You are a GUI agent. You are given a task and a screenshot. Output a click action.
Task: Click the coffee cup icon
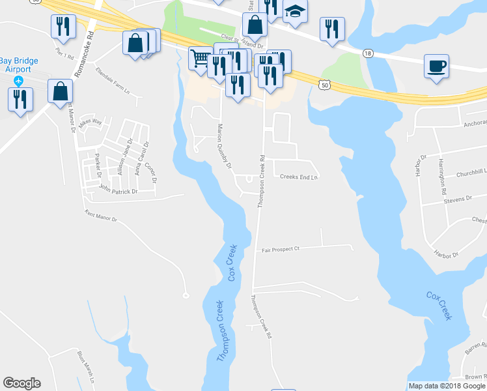click(436, 66)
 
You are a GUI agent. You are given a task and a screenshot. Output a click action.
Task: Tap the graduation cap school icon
click(296, 12)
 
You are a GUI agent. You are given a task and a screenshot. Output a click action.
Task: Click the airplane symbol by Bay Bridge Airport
click(18, 81)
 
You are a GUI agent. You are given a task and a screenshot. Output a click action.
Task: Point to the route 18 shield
click(369, 54)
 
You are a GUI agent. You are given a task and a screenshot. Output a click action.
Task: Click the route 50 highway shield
click(326, 84)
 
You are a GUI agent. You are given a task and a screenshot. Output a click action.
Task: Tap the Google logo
click(21, 383)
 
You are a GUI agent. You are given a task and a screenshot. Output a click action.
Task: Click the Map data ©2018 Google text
click(447, 386)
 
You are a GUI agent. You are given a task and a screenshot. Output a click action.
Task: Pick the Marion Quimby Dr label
click(225, 146)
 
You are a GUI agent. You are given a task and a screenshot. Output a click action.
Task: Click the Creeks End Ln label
click(299, 177)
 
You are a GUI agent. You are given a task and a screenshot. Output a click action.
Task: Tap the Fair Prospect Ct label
click(280, 249)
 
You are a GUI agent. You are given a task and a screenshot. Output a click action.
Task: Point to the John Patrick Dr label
click(118, 192)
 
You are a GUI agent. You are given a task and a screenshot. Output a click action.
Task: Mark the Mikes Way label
click(90, 122)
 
